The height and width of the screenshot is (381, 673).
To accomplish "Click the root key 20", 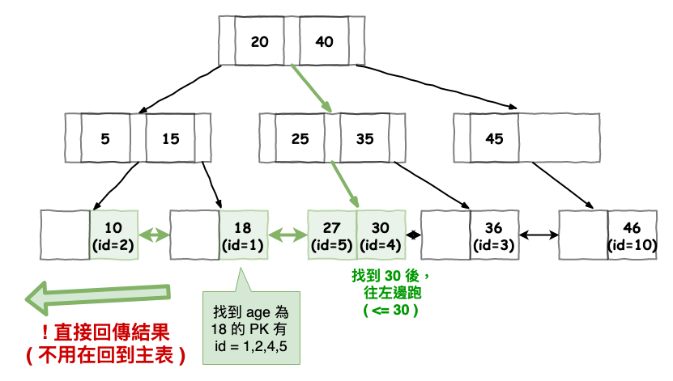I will pos(259,41).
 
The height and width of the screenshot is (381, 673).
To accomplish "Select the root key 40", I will pos(324,41).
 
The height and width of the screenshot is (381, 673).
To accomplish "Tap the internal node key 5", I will pos(105,138).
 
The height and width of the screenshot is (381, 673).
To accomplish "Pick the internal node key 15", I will pos(170,138).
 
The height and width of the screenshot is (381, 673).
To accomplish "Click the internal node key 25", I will pos(300,138).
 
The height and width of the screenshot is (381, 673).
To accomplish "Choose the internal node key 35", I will pos(364,138).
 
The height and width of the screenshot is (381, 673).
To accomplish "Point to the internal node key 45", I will pos(494,138).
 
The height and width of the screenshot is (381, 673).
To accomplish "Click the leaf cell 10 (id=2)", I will pos(114,235).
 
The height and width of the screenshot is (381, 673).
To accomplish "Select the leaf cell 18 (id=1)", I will pos(244,235).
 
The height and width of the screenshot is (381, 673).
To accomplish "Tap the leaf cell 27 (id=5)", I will pos(332,235).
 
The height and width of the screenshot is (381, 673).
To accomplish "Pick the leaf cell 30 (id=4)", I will pos(381,235).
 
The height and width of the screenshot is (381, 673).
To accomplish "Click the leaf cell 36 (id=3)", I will pos(494,235).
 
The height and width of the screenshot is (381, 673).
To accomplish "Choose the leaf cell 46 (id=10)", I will pos(632,235).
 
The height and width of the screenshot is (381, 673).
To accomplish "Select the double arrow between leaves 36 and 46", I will pos(539,235).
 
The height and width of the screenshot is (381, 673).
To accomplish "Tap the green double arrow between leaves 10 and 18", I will pos(155,235).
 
